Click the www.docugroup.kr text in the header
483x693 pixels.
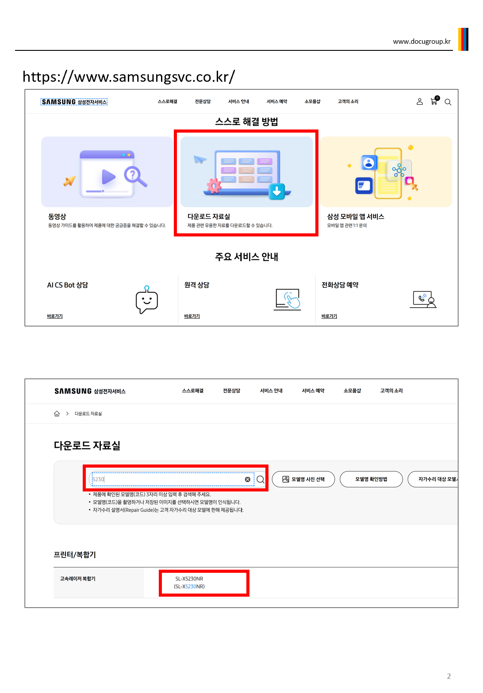[x=422, y=42]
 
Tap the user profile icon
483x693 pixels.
[x=419, y=102]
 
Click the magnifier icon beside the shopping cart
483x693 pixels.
[x=448, y=102]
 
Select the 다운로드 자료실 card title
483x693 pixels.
[x=209, y=217]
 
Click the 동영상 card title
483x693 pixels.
[x=57, y=217]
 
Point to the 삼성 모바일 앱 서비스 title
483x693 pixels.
[x=356, y=217]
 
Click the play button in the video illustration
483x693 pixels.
[x=108, y=177]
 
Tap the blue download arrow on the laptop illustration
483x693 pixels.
[x=276, y=191]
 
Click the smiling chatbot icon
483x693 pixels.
[x=147, y=300]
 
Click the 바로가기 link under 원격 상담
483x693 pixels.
[x=192, y=316]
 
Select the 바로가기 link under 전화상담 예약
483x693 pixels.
[x=329, y=316]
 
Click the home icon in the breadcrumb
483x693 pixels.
[x=57, y=414]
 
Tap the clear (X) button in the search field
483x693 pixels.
[x=247, y=479]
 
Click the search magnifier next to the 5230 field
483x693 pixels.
[x=261, y=480]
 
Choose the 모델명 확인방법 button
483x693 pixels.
[x=371, y=479]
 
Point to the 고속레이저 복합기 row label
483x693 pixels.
[x=78, y=579]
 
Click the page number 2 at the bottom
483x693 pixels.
[x=448, y=676]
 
